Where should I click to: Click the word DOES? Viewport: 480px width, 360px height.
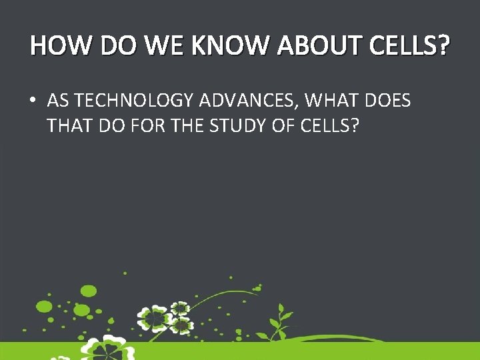387,101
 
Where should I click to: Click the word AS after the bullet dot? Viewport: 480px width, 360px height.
58,101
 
